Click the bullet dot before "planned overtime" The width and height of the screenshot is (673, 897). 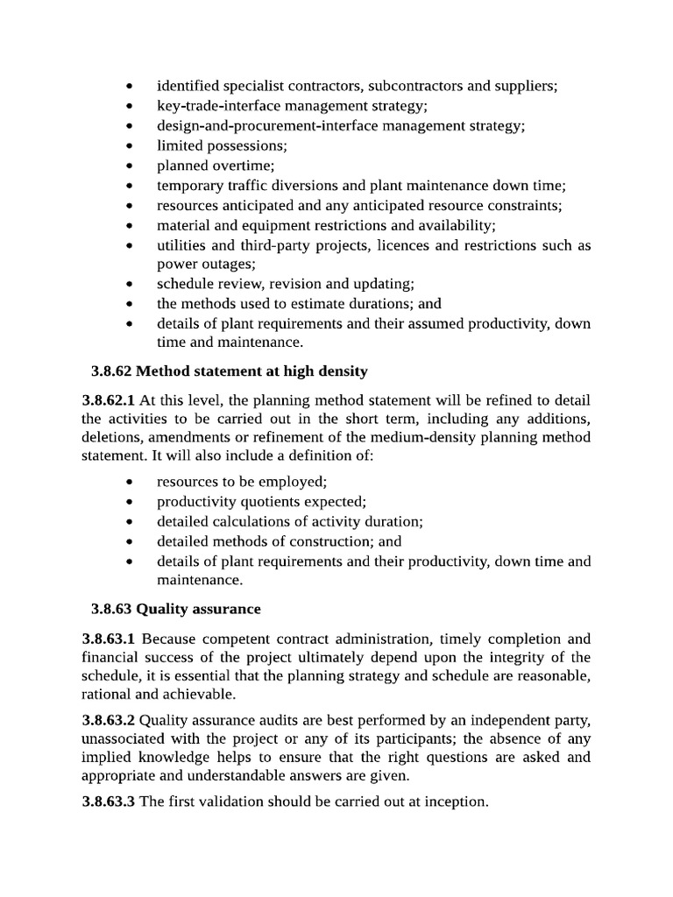[129, 166]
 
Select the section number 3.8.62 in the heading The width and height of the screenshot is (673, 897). [111, 371]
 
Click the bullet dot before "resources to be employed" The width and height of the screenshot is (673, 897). [129, 483]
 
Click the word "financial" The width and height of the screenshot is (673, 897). [110, 657]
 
